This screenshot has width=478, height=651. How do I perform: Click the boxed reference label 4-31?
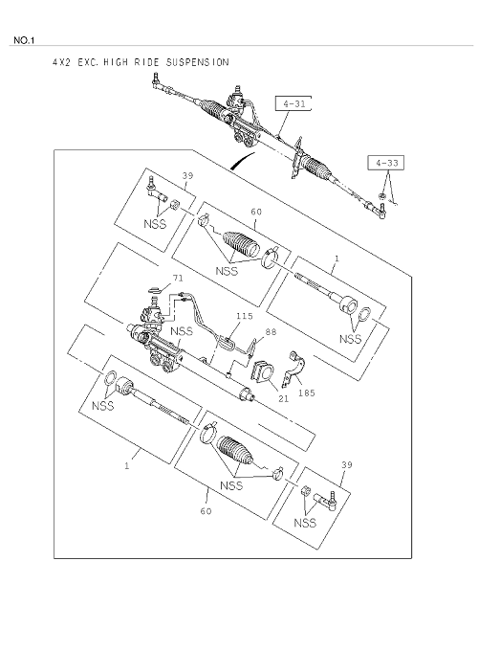[293, 103]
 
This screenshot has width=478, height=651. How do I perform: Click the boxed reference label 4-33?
[386, 163]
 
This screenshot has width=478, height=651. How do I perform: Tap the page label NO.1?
[25, 40]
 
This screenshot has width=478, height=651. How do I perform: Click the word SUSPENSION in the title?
[197, 62]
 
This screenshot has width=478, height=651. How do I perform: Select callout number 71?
[177, 278]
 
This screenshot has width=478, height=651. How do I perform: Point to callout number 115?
[244, 316]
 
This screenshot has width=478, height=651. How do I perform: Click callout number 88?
[271, 332]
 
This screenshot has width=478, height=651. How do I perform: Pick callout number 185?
[307, 393]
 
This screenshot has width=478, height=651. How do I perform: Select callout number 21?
[284, 398]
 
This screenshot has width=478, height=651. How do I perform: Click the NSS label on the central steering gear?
[182, 331]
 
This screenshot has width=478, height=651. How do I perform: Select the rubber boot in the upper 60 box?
[241, 244]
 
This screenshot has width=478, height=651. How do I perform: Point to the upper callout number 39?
[187, 175]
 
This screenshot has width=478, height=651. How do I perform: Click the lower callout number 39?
[347, 464]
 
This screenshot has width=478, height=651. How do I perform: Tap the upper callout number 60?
[256, 212]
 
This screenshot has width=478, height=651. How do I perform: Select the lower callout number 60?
[206, 511]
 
